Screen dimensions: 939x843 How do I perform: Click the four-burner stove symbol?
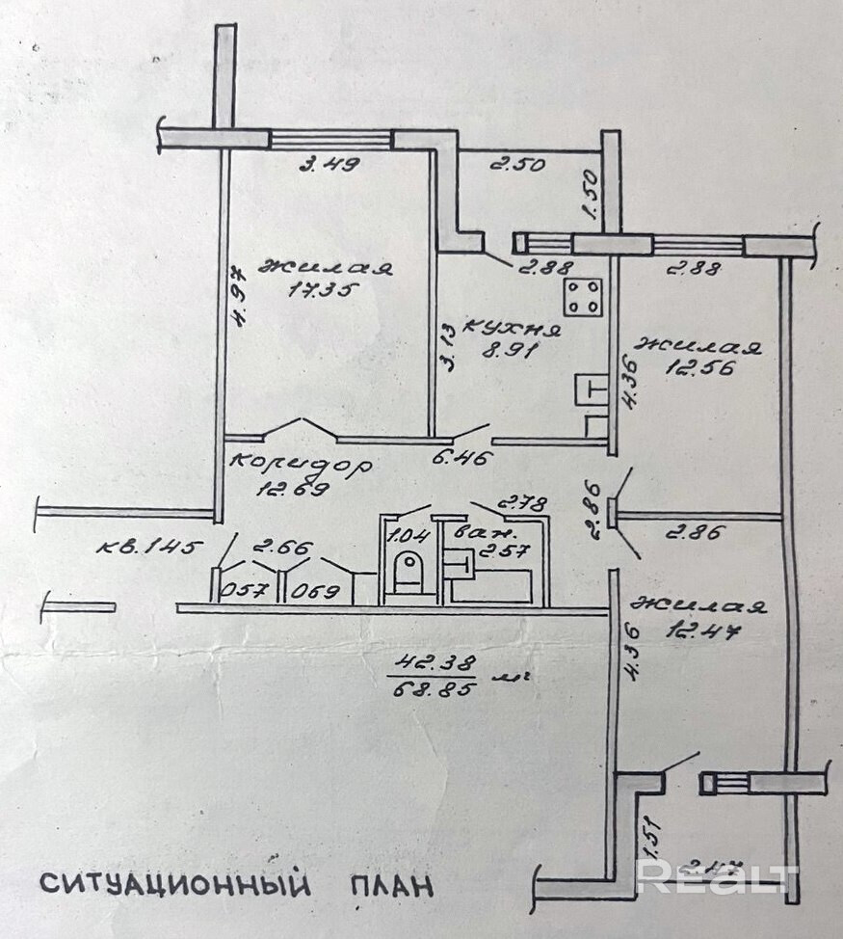pyautogui.click(x=585, y=297)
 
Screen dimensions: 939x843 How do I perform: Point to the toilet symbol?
pyautogui.click(x=408, y=571)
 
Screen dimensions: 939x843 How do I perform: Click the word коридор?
pyautogui.click(x=301, y=464)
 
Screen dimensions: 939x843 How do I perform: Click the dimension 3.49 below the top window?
pyautogui.click(x=329, y=164)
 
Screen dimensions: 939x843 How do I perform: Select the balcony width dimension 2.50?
pyautogui.click(x=516, y=164)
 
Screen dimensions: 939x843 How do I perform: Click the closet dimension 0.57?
pyautogui.click(x=243, y=591)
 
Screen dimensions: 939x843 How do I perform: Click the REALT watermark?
pyautogui.click(x=717, y=877)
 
